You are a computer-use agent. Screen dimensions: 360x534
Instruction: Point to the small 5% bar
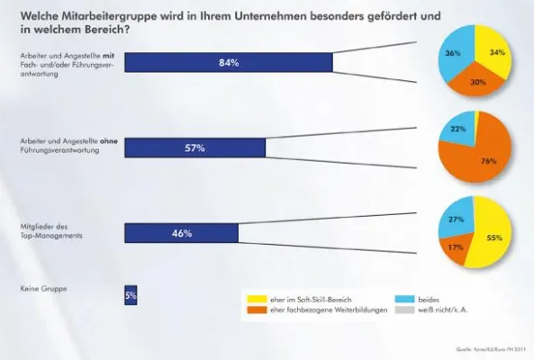click(131, 294)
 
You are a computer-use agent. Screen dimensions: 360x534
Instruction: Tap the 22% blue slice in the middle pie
click(456, 131)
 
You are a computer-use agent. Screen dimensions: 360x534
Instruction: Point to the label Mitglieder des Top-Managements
click(51, 232)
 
